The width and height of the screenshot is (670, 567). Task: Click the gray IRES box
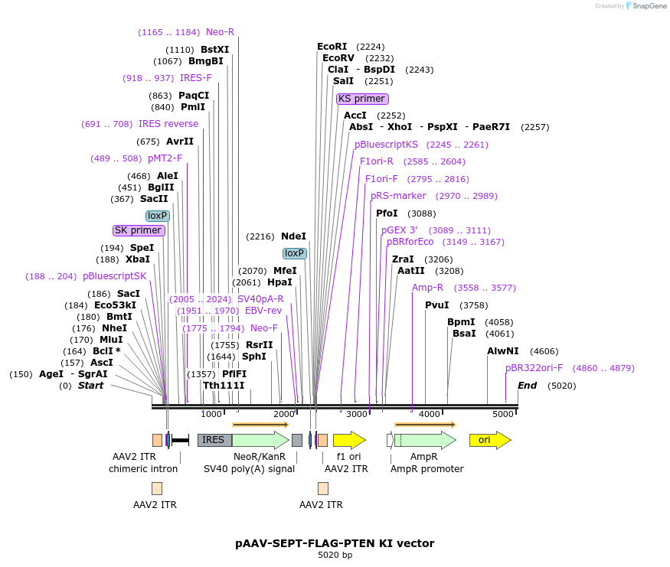(x=214, y=440)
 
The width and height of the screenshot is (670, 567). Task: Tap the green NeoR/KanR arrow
(x=260, y=440)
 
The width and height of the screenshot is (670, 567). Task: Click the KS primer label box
(x=362, y=99)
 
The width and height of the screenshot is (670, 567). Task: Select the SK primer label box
(x=139, y=230)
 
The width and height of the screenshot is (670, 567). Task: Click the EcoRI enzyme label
(x=332, y=47)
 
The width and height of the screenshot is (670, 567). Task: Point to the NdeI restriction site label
(x=293, y=236)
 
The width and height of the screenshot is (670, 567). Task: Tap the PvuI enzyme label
(x=436, y=305)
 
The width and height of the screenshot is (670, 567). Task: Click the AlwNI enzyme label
(x=502, y=351)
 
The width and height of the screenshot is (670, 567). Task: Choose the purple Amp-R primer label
(x=428, y=288)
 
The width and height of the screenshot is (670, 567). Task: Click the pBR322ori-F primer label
(x=534, y=368)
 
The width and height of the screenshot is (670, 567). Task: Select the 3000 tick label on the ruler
(x=357, y=414)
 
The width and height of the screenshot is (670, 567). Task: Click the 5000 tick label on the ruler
(x=502, y=414)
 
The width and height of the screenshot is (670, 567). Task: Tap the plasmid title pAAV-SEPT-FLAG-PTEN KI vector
(x=335, y=543)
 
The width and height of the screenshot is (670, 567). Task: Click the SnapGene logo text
(x=649, y=6)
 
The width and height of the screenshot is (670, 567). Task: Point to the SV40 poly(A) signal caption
(x=249, y=468)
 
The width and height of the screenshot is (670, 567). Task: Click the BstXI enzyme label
(x=214, y=50)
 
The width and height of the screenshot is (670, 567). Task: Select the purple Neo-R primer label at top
(x=220, y=32)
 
